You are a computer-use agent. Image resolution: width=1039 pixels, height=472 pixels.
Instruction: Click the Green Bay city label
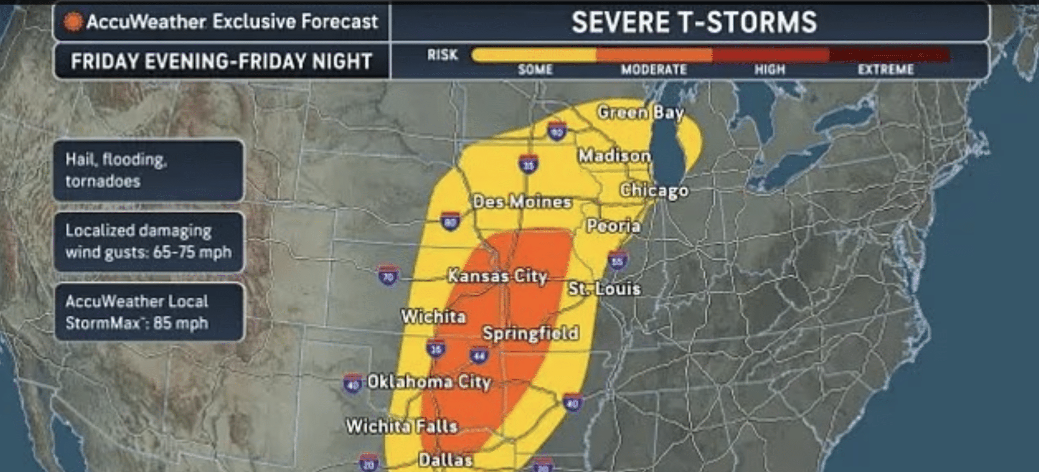[640, 112]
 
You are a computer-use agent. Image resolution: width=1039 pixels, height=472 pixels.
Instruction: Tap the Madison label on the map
[614, 156]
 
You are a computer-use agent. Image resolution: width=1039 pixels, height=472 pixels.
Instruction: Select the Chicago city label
[654, 190]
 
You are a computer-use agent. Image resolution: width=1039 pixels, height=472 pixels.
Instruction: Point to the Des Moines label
[522, 202]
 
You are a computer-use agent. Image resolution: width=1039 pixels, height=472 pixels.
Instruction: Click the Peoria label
[613, 226]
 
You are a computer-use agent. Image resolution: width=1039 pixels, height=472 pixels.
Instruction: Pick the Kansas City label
[497, 276]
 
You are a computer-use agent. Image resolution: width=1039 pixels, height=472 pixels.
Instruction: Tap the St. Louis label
[604, 288]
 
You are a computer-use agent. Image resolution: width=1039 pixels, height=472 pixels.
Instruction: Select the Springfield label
[530, 333]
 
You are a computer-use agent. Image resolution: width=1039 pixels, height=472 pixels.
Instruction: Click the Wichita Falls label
[402, 426]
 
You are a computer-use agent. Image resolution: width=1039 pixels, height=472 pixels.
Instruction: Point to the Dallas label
[445, 460]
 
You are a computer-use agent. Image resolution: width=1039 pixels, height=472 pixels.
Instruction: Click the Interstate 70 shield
[388, 276]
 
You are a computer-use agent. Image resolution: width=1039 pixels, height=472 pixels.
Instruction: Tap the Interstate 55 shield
[617, 261]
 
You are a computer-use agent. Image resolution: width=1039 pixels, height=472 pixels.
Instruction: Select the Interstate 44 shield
[478, 355]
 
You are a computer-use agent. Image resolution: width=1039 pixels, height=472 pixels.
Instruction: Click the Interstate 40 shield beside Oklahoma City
[353, 384]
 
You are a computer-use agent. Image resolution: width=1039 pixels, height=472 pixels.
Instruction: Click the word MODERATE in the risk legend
[653, 69]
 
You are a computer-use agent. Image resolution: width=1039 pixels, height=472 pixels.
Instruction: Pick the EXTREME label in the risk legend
[885, 69]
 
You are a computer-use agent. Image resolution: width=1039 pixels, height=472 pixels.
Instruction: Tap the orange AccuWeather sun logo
[73, 21]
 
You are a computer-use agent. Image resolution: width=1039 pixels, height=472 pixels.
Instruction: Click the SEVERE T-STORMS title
[694, 22]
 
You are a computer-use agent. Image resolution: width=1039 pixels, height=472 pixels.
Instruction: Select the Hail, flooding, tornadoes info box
[148, 170]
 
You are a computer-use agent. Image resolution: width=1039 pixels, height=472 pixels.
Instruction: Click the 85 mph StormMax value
[181, 323]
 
